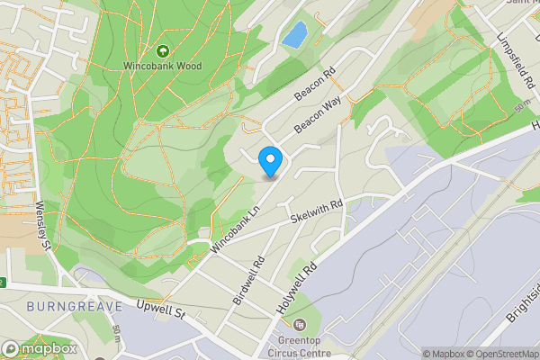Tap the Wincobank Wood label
pos(163,66)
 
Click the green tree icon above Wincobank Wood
pos(163,51)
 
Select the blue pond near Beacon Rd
pos(293,35)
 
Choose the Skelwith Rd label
pos(318,213)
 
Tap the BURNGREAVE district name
pos(62,307)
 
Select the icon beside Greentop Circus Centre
pos(300,324)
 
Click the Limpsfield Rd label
pos(516,60)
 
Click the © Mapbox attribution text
pos(443,354)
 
